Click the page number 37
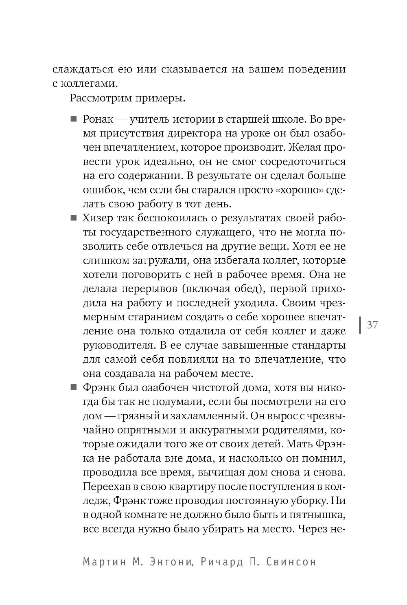[x=372, y=325]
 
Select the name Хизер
[x=98, y=218]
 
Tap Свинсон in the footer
[x=291, y=562]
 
